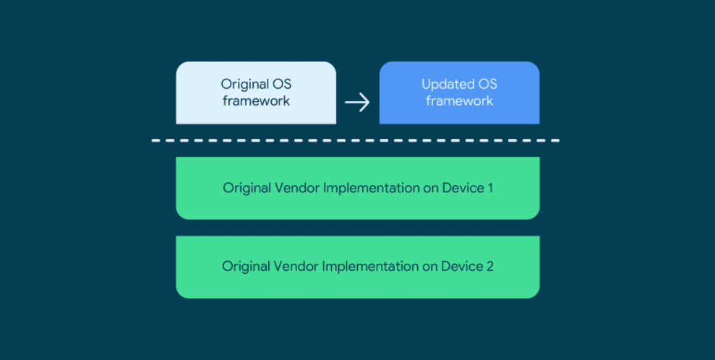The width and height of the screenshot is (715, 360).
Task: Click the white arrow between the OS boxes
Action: click(x=357, y=102)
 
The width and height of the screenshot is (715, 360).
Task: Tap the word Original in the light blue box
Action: click(x=245, y=85)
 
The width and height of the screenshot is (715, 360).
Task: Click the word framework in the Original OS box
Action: click(x=256, y=100)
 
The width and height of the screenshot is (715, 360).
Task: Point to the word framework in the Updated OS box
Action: click(x=459, y=100)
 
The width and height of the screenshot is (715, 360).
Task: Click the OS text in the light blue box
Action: click(x=282, y=85)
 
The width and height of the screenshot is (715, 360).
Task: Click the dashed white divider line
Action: click(x=356, y=140)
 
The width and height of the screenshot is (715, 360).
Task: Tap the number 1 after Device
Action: click(x=490, y=188)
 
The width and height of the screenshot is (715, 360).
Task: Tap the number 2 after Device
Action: click(x=489, y=266)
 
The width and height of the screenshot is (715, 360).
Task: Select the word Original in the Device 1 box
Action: click(x=247, y=189)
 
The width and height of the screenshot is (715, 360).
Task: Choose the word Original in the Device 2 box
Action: click(x=246, y=267)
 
